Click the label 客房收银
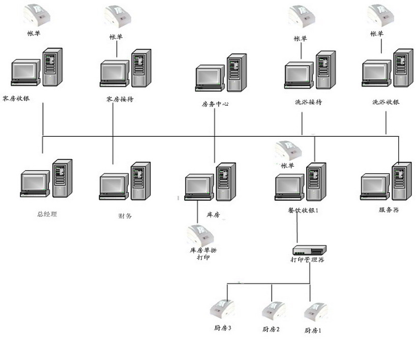16,98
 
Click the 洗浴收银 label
385,102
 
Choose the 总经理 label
47,214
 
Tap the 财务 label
125,216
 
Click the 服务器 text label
389,209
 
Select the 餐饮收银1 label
303,210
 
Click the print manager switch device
309,250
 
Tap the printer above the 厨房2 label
274,310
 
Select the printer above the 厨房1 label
315,311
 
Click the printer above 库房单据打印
200,234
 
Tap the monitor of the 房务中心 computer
210,76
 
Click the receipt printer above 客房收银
38,14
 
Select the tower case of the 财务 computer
140,180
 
